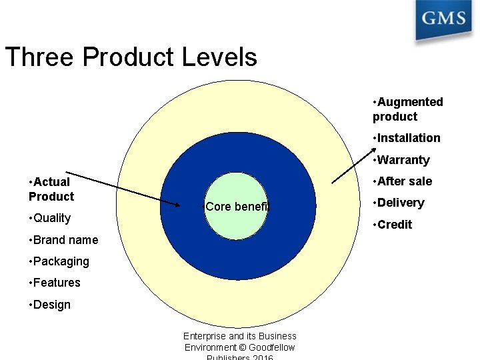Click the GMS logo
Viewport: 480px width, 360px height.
[443, 19]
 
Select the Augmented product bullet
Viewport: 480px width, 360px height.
[408, 109]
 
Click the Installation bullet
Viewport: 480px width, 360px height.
[407, 138]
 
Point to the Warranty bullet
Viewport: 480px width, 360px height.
[401, 160]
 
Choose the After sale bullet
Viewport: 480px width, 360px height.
[403, 181]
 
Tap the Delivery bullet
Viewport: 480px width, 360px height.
[399, 203]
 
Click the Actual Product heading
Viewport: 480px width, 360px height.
[51, 189]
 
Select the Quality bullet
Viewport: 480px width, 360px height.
[49, 218]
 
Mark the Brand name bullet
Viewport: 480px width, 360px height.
[63, 240]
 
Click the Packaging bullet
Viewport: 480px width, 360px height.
[59, 261]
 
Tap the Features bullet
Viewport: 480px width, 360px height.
[55, 283]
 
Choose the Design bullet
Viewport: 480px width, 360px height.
[49, 305]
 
